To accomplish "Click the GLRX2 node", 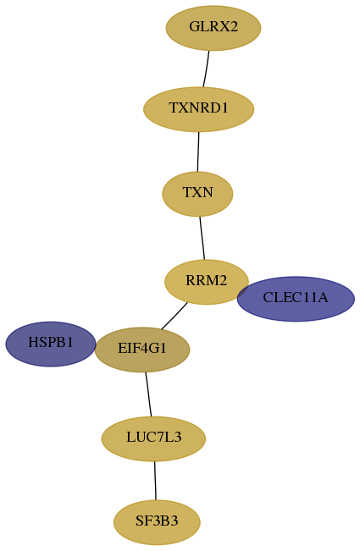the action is click(213, 28).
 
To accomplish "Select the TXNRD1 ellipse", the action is click(198, 109).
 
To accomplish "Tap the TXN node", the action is click(197, 194).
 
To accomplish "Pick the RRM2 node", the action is click(207, 282).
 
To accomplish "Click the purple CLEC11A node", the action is click(296, 299).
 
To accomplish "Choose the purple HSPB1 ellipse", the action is click(51, 344).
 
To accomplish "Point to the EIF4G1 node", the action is click(142, 350).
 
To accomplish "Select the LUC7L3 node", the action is click(153, 438).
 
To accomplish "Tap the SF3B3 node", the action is click(157, 522).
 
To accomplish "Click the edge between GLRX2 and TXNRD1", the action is click(206, 69).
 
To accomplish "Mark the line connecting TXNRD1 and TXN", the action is click(198, 152).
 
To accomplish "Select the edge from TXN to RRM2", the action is click(202, 238).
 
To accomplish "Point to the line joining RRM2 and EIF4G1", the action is click(174, 317).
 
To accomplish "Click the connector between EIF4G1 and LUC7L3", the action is click(148, 394).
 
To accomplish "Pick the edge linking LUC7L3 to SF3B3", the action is click(155, 481).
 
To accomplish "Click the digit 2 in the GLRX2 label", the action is click(234, 27).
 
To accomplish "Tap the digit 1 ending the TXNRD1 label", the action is click(224, 107).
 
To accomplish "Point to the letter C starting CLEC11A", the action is click(267, 298).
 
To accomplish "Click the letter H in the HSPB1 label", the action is click(32, 342).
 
